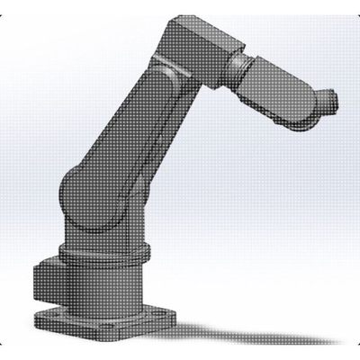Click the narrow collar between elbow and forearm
[x=236, y=67]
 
